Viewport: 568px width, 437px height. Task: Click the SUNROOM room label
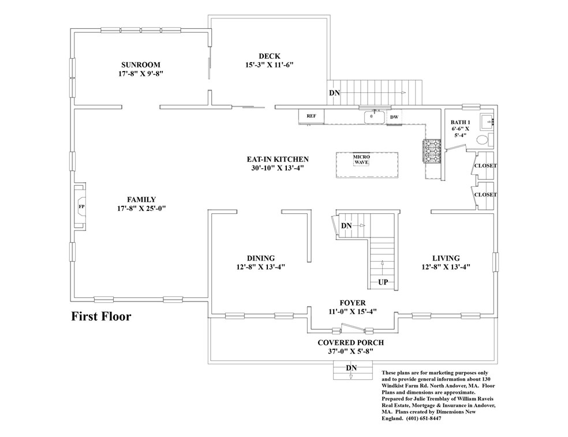pyautogui.click(x=140, y=65)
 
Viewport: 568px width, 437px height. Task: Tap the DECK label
pyautogui.click(x=269, y=56)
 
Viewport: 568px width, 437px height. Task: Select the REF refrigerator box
pyautogui.click(x=311, y=116)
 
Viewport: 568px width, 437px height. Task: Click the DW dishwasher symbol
pyautogui.click(x=394, y=117)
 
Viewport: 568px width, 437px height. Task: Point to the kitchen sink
pyautogui.click(x=374, y=117)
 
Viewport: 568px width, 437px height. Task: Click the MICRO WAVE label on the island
pyautogui.click(x=361, y=160)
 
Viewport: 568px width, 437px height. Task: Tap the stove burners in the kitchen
pyautogui.click(x=431, y=151)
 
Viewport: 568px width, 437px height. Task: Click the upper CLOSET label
pyautogui.click(x=485, y=165)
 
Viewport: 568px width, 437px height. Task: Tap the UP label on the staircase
pyautogui.click(x=383, y=282)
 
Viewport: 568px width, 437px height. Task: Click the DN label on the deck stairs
pyautogui.click(x=334, y=93)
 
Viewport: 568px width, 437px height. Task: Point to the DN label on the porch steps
pyautogui.click(x=351, y=368)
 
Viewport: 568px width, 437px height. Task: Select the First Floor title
pyautogui.click(x=101, y=316)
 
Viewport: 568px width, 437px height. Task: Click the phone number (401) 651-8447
pyautogui.click(x=424, y=419)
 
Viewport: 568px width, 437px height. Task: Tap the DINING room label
pyautogui.click(x=261, y=258)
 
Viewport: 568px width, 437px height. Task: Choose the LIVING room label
pyautogui.click(x=446, y=258)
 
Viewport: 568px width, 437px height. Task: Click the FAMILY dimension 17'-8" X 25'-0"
pyautogui.click(x=141, y=208)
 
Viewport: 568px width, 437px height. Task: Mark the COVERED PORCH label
pyautogui.click(x=350, y=342)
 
